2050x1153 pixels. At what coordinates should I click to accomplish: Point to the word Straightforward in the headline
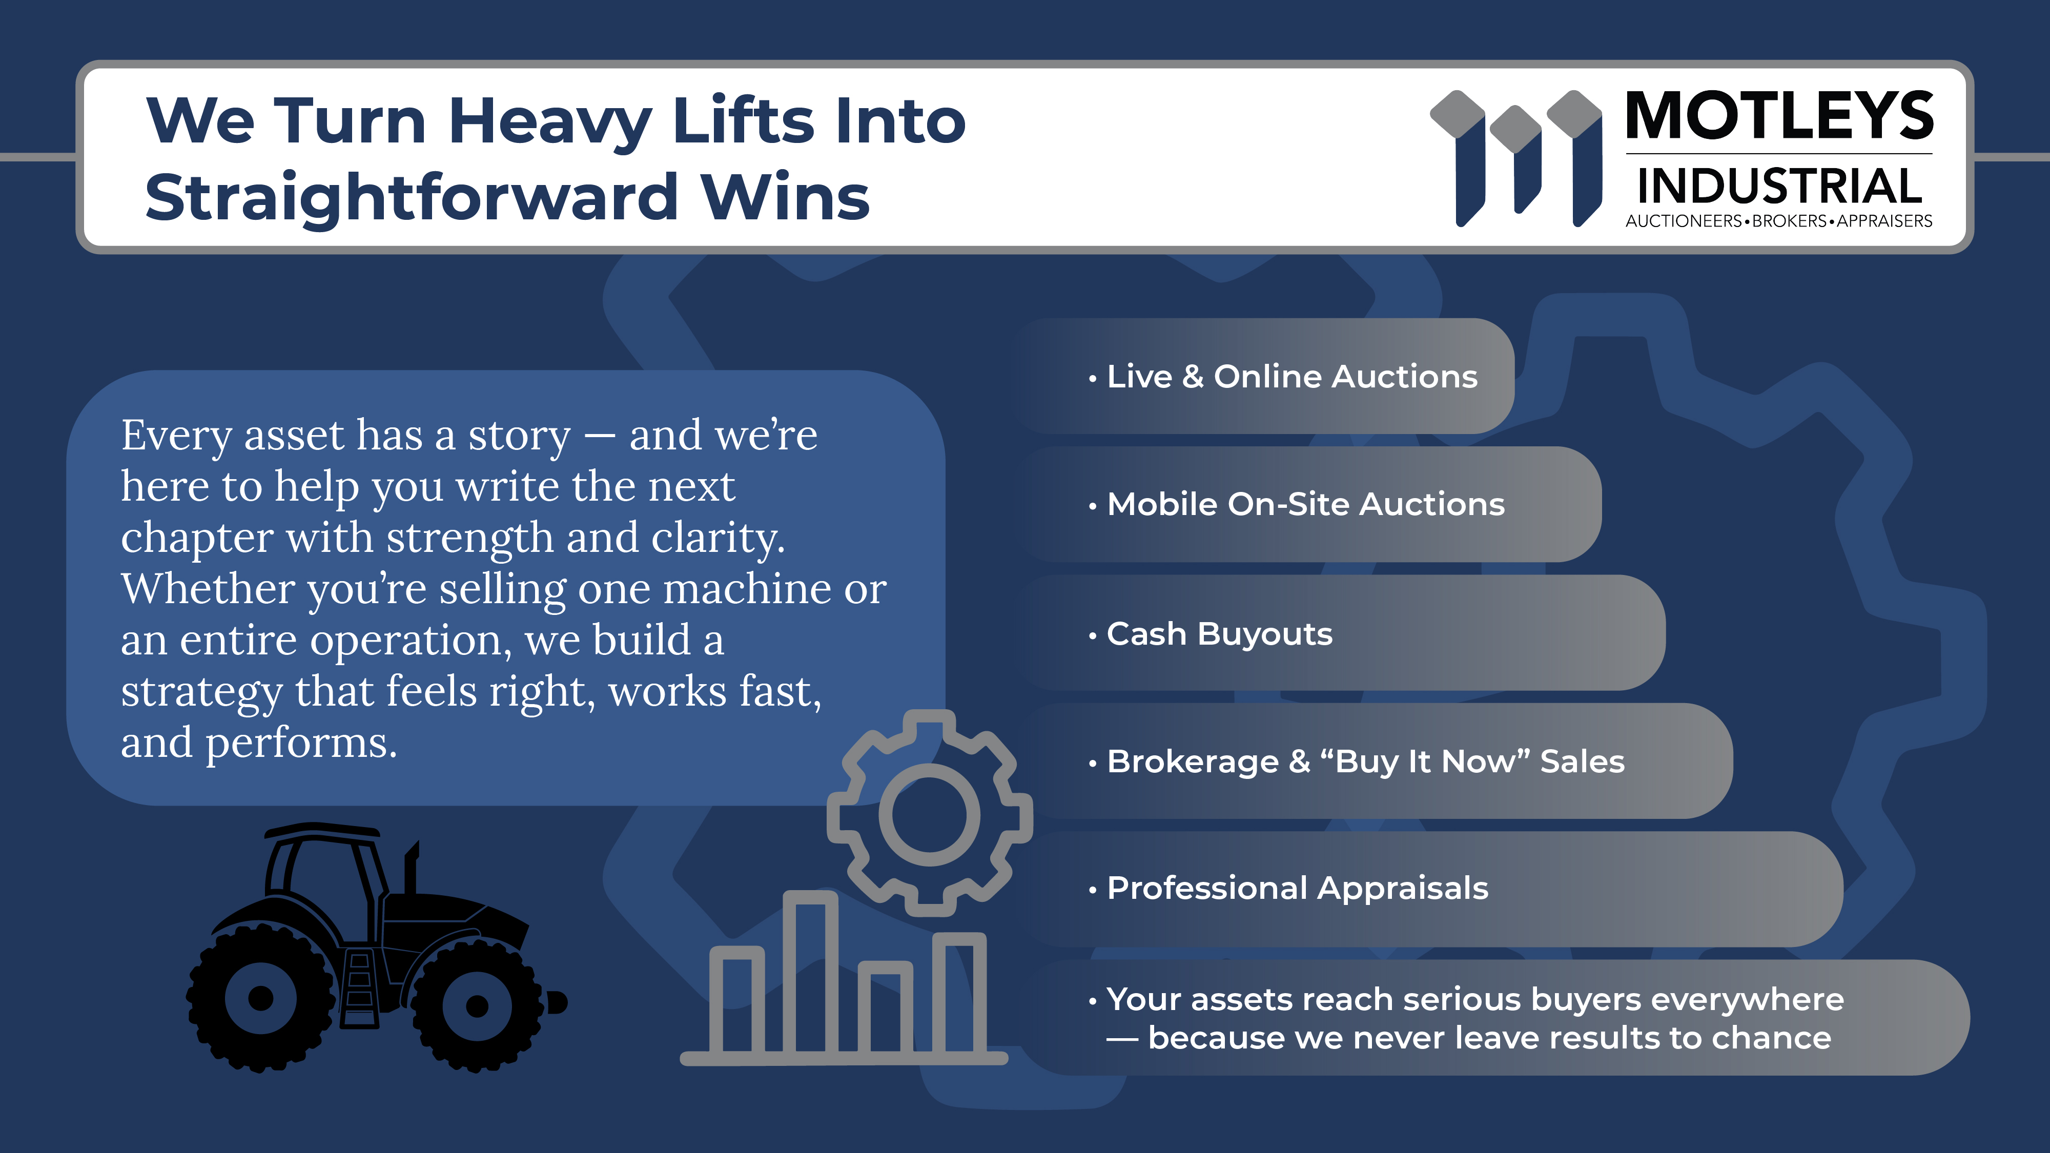(411, 197)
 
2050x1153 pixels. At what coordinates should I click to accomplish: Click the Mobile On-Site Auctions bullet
(1297, 504)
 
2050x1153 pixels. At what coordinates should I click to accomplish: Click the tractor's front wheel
(477, 1005)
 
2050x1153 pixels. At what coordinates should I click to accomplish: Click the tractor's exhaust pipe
(412, 868)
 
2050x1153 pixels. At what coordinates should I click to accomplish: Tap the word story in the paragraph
(520, 436)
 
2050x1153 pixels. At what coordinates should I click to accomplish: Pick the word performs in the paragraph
(302, 743)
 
